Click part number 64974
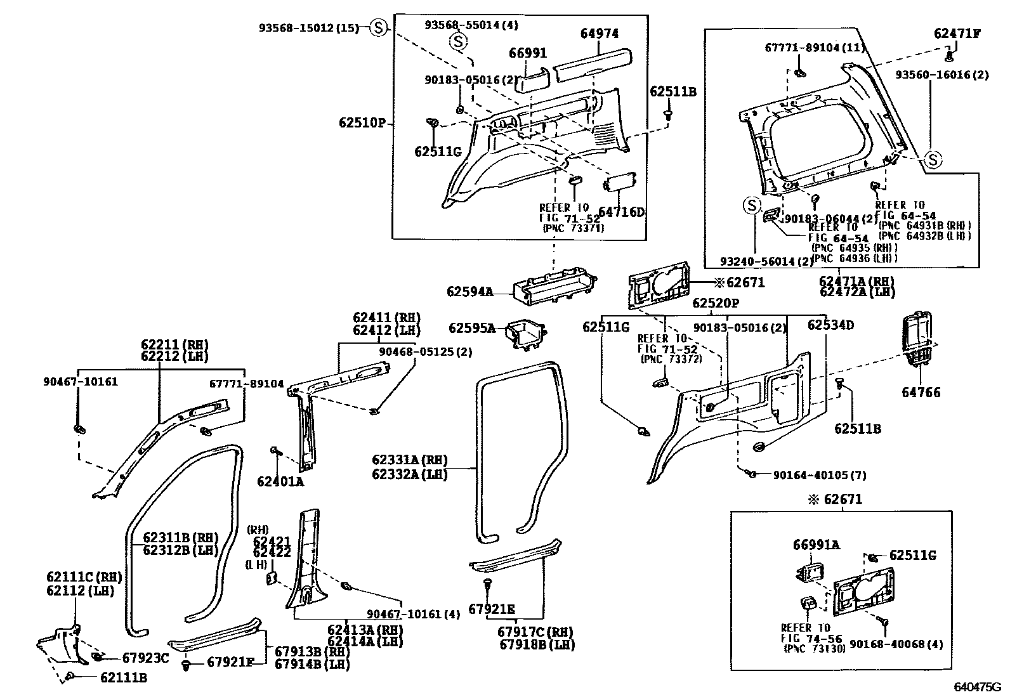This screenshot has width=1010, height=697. (600, 34)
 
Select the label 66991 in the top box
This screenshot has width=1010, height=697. (528, 53)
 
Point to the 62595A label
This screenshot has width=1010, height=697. (471, 328)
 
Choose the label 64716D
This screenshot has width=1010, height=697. (621, 212)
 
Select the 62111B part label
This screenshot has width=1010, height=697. (124, 677)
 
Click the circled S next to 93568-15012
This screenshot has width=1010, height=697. (378, 28)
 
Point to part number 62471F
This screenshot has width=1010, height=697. (957, 34)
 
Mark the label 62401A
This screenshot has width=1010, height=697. (280, 481)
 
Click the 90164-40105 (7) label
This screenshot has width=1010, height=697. (820, 475)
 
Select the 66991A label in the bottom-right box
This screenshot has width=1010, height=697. (817, 545)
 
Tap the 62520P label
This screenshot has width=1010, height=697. (716, 303)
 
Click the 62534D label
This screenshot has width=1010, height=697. (830, 325)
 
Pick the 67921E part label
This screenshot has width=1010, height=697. (492, 609)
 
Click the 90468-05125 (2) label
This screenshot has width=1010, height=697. (425, 351)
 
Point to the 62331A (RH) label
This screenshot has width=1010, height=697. (409, 460)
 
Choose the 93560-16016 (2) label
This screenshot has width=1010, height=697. (942, 74)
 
